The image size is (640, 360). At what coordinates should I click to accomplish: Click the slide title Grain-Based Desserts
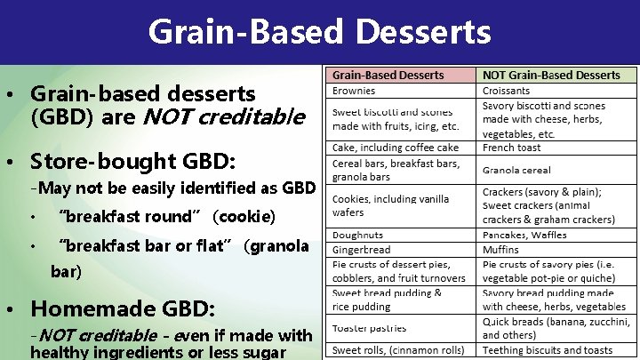319,32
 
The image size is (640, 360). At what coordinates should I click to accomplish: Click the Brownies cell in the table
353,91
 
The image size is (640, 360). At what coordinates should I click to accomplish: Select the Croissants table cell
506,91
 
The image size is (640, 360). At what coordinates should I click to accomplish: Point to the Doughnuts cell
357,235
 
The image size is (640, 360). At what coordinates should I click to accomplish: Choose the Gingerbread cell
361,250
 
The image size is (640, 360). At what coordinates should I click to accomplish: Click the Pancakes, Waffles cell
524,235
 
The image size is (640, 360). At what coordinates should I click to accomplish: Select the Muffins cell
500,250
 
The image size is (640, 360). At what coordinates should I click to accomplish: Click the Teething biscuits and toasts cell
546,350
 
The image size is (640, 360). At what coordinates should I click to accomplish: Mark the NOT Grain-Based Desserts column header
551,75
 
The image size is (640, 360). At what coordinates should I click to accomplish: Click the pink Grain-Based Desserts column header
388,75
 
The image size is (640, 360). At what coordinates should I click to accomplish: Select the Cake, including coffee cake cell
395,148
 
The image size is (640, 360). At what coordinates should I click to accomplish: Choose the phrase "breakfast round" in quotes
124,217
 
